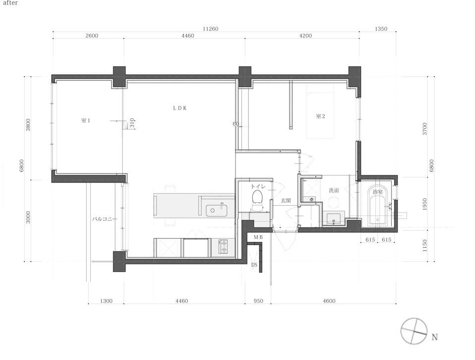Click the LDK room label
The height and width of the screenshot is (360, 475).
click(x=179, y=108)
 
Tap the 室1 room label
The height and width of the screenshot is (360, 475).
click(x=86, y=120)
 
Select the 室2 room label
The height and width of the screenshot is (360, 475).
click(x=320, y=116)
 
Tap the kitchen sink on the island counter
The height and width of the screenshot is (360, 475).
click(x=217, y=211)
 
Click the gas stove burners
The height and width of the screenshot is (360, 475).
click(x=223, y=246)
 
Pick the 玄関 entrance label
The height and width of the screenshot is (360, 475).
click(x=286, y=201)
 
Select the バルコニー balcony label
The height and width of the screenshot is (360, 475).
click(x=105, y=219)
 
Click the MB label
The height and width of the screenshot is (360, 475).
click(x=258, y=237)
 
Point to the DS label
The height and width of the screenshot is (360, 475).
click(x=254, y=265)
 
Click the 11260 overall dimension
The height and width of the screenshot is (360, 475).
click(x=210, y=29)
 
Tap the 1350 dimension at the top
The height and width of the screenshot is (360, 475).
click(x=381, y=29)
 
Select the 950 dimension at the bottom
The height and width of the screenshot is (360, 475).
click(x=258, y=301)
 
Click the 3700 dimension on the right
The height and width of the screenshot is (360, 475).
click(x=424, y=129)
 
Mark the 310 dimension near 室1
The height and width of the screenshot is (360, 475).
click(x=132, y=123)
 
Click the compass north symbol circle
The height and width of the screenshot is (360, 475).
click(x=414, y=331)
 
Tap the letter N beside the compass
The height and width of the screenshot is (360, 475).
click(x=435, y=337)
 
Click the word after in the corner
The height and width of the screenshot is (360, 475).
click(x=10, y=3)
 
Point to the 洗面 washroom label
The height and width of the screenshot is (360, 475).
click(x=334, y=190)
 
